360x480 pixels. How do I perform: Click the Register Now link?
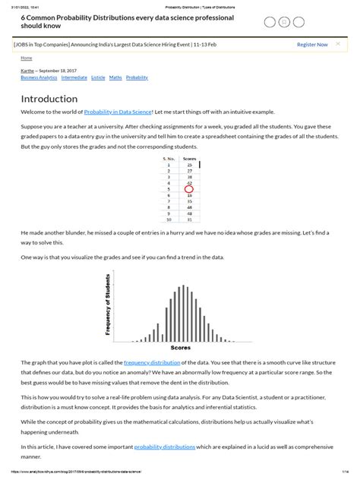point(312,44)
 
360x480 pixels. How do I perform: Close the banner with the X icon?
point(339,44)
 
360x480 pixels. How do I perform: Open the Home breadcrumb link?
point(27,58)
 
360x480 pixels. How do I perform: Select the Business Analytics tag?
point(38,77)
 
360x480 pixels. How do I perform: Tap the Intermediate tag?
point(74,77)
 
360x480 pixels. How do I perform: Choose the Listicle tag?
point(98,77)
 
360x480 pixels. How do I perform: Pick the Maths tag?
point(115,77)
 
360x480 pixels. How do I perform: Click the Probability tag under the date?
point(137,77)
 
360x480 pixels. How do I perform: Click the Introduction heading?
point(49,99)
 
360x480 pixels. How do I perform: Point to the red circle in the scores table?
point(189,189)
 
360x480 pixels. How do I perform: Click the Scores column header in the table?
point(190,159)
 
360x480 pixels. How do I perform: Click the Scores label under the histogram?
point(180,347)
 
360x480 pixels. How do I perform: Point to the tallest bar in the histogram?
point(180,308)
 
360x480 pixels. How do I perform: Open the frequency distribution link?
point(147,363)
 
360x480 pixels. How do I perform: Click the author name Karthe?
point(28,71)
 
